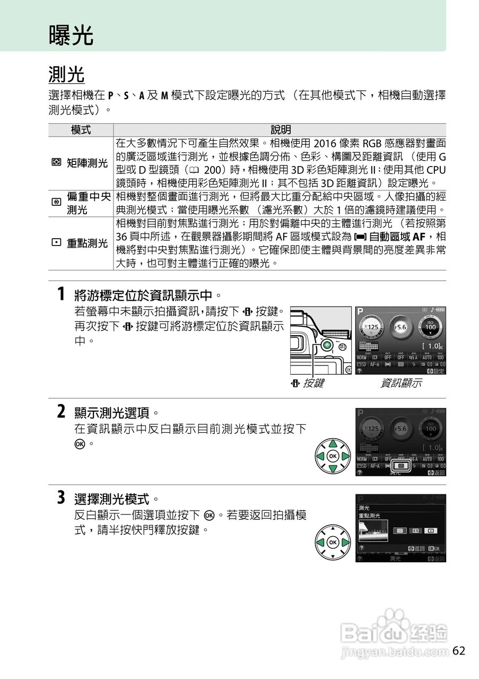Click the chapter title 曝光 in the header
click(x=71, y=35)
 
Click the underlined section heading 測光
click(x=66, y=75)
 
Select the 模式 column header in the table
click(x=81, y=130)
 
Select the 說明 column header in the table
click(x=280, y=130)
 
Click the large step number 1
click(x=62, y=294)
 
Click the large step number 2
click(x=62, y=411)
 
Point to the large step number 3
click(x=62, y=498)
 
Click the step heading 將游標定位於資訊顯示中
click(x=147, y=295)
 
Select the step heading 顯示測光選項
click(x=117, y=412)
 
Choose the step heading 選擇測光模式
click(x=117, y=499)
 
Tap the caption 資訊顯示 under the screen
click(x=401, y=383)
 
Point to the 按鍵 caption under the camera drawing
click(x=313, y=383)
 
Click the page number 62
click(x=459, y=651)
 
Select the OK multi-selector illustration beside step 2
click(x=333, y=456)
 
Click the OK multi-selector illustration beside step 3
click(x=333, y=542)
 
